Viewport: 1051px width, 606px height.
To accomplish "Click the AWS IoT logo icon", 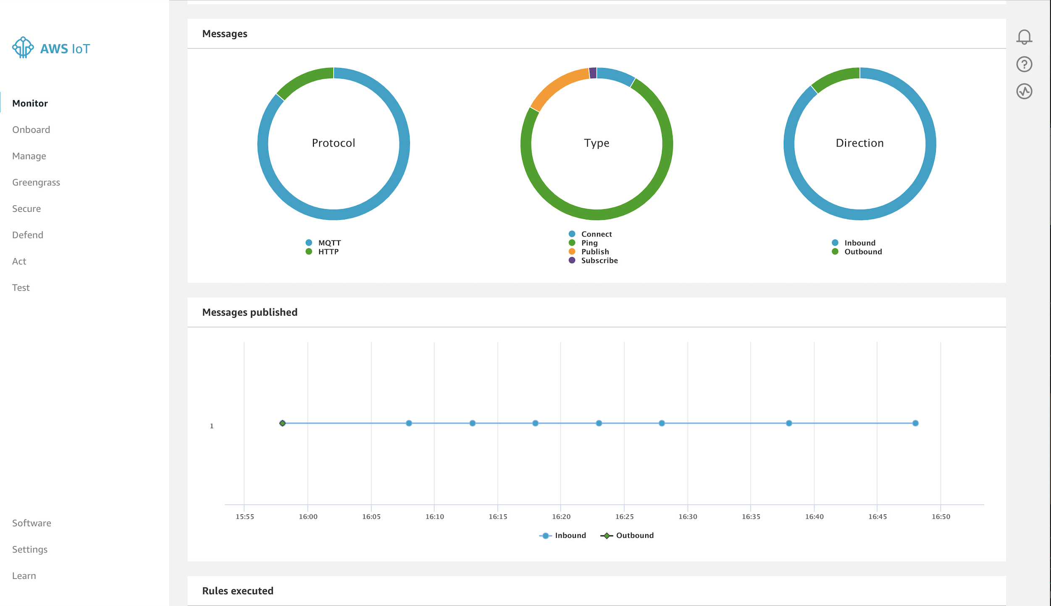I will point(23,47).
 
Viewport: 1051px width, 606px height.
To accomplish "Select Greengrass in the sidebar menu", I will point(36,182).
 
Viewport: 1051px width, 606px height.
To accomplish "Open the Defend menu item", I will point(28,235).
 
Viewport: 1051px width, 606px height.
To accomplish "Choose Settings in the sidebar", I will point(30,549).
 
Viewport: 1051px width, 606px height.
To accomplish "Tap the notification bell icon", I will point(1024,37).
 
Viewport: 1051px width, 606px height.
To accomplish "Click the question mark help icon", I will point(1024,64).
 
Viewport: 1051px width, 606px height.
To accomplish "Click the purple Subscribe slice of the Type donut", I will point(593,73).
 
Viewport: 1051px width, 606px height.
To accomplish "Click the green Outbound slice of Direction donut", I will point(834,78).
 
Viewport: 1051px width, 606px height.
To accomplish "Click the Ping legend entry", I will point(589,243).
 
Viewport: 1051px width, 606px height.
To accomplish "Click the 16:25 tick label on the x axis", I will point(624,516).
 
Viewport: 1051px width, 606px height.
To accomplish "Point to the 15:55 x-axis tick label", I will point(244,516).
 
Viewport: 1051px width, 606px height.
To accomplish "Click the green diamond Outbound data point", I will point(282,423).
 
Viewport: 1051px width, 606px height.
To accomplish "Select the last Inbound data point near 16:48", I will point(915,423).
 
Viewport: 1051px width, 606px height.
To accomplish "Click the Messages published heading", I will point(250,312).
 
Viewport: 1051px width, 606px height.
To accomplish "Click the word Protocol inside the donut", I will point(334,143).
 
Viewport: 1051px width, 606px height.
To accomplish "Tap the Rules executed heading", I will point(238,591).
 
